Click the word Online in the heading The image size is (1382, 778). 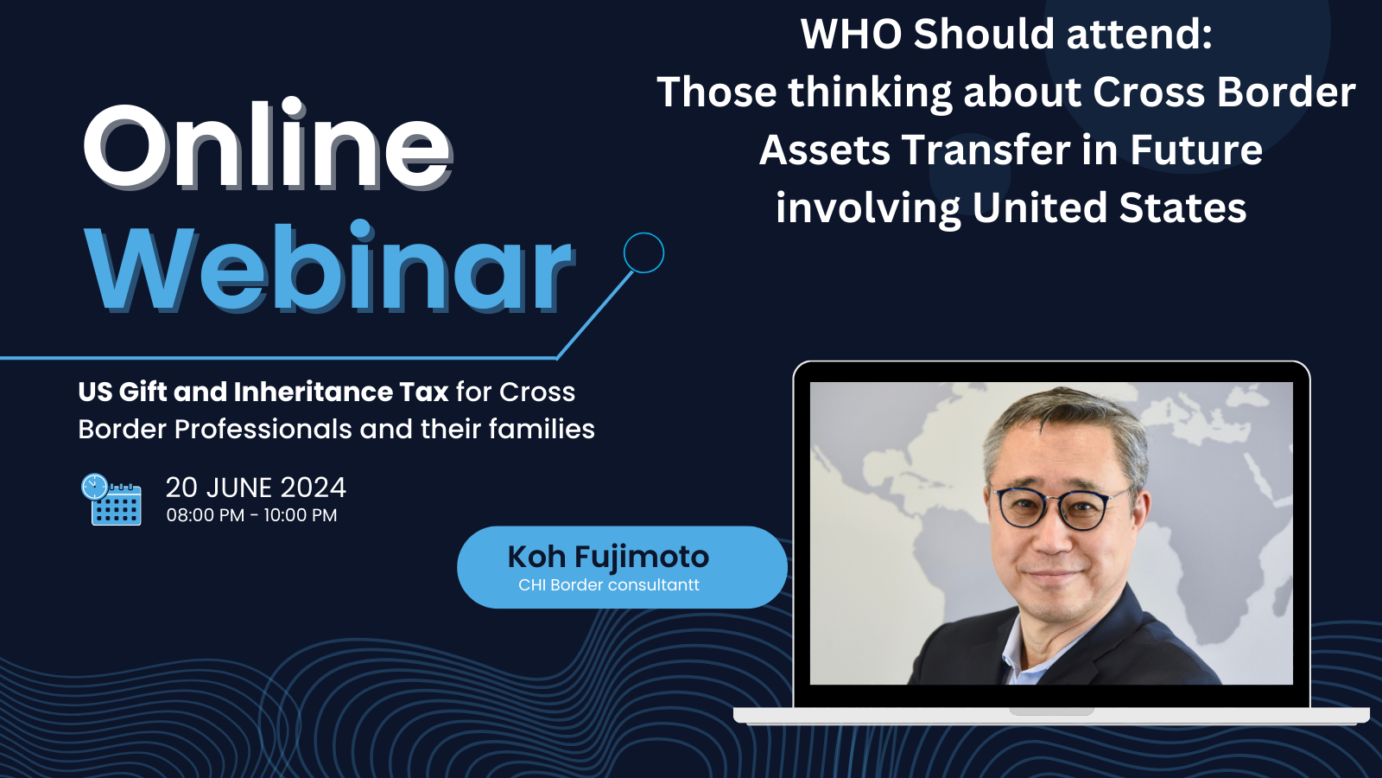(268, 146)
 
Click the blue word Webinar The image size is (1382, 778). (329, 267)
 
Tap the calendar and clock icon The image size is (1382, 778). (111, 500)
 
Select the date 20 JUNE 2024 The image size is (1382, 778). (256, 488)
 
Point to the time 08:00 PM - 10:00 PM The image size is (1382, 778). (251, 515)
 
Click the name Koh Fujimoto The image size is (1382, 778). (608, 557)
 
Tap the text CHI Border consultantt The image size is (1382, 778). (608, 584)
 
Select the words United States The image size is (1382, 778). (1109, 207)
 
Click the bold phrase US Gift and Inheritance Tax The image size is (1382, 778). (263, 392)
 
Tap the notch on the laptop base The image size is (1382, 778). (1051, 711)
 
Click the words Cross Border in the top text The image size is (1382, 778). (1224, 92)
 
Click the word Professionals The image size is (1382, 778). (263, 429)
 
